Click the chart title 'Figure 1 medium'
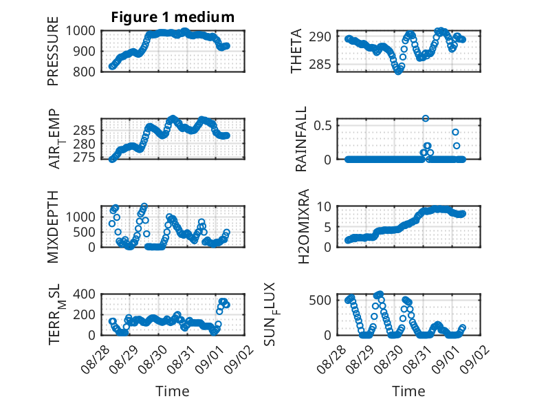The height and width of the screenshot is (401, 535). [173, 17]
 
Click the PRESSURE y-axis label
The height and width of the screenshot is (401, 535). [53, 51]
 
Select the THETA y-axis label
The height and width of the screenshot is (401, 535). [296, 51]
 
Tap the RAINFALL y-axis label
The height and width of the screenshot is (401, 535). [301, 139]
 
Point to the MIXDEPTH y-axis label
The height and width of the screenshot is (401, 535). [53, 226]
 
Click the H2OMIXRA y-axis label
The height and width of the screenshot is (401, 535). [303, 226]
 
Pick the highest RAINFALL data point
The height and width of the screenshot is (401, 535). [426, 118]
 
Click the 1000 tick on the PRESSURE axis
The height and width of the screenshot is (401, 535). [80, 31]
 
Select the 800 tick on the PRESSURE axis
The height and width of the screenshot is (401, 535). [84, 72]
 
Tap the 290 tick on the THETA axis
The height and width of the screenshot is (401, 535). [320, 36]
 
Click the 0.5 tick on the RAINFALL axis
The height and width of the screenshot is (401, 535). [323, 125]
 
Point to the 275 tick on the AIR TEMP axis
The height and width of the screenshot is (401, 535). [84, 158]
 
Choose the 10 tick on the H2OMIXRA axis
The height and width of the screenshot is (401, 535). [324, 206]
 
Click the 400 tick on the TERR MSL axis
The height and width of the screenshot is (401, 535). [84, 294]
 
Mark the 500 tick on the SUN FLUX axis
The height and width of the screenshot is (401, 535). [320, 301]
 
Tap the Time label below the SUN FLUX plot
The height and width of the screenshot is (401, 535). [408, 391]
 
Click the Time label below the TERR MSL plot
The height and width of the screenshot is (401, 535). [173, 391]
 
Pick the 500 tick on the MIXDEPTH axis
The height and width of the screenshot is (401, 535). [84, 232]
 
